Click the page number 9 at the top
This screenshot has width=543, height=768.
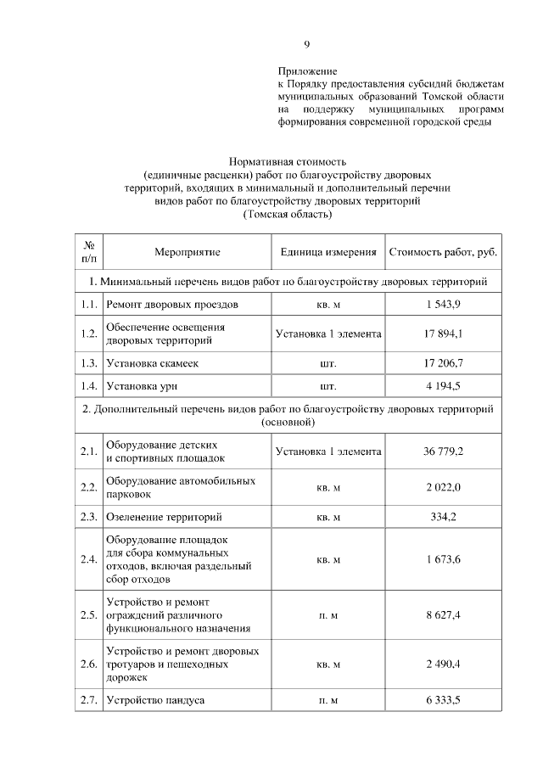308,45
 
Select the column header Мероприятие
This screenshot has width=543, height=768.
187,252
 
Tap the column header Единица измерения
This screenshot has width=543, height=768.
328,252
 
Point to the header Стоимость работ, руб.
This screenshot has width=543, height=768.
443,252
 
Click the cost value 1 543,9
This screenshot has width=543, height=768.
443,304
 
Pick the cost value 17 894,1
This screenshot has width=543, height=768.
443,334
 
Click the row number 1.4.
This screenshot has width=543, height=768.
88,386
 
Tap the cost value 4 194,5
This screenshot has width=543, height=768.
443,386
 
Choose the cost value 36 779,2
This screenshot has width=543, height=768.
443,451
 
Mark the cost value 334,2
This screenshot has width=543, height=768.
443,516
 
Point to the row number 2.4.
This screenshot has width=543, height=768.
88,559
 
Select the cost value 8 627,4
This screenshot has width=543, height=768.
443,614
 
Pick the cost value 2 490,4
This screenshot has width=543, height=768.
443,664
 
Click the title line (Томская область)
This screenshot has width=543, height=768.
287,215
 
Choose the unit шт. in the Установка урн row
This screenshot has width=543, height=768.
328,386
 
